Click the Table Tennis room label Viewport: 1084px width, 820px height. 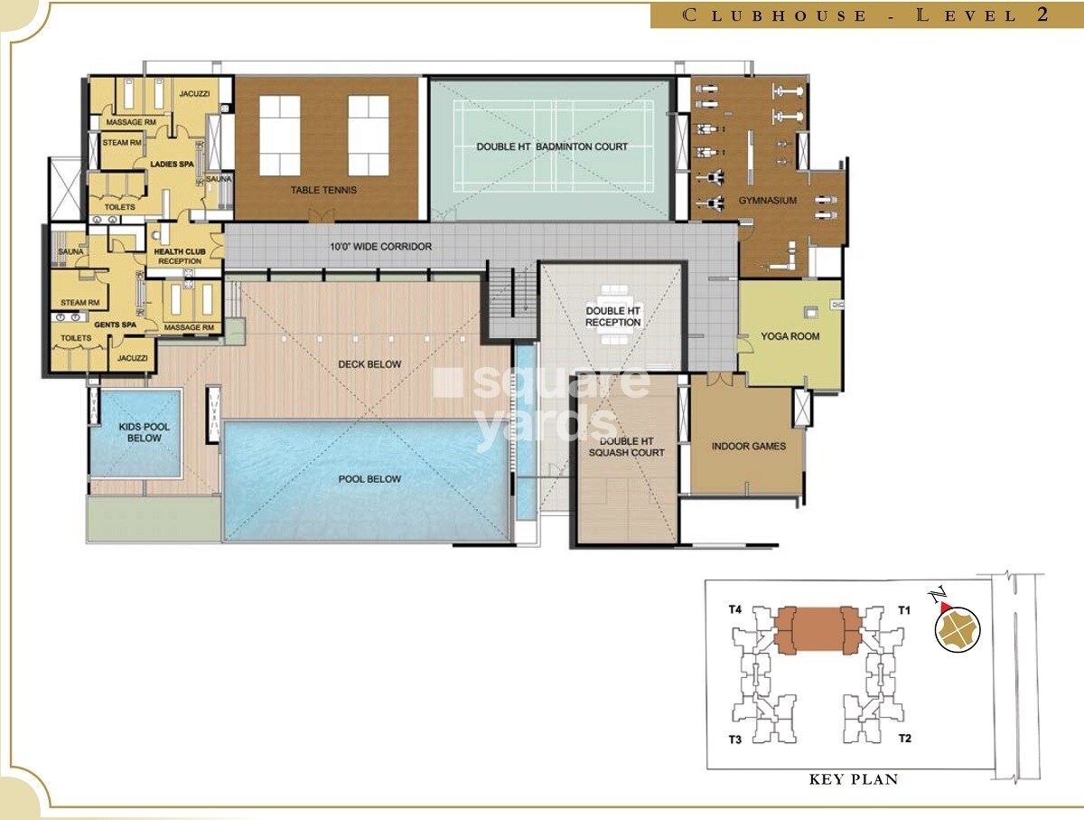323,190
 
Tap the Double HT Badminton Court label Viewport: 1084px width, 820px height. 552,146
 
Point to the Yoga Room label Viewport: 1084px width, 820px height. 790,336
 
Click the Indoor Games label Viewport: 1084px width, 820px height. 748,446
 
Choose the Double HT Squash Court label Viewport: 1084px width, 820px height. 626,447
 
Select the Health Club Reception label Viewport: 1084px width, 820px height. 179,257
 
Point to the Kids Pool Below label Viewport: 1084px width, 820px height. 144,432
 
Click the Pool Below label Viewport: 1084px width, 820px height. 369,479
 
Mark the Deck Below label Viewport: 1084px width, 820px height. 369,364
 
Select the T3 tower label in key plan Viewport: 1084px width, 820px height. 735,740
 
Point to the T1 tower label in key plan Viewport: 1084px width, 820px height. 904,610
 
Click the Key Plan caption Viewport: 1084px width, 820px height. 853,778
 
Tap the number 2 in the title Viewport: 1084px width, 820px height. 1042,14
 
